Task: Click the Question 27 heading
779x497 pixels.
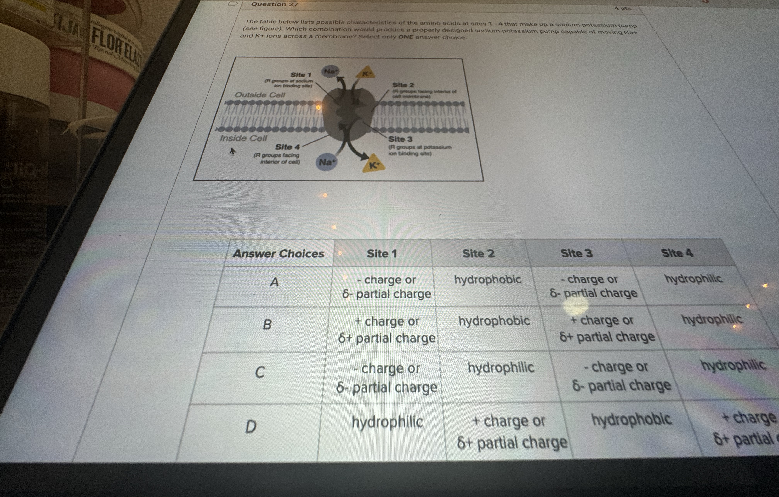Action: point(274,4)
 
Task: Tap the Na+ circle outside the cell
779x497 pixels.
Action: point(330,71)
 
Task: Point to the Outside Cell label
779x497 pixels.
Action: point(260,95)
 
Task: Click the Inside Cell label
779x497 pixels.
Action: point(243,138)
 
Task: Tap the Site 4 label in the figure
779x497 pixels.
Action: point(287,147)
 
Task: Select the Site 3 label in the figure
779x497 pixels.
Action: point(400,139)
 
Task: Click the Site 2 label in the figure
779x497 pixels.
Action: point(403,85)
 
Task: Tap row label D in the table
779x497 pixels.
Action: point(251,426)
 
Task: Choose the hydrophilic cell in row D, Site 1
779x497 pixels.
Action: point(387,422)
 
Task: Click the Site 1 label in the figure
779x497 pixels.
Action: point(301,75)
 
